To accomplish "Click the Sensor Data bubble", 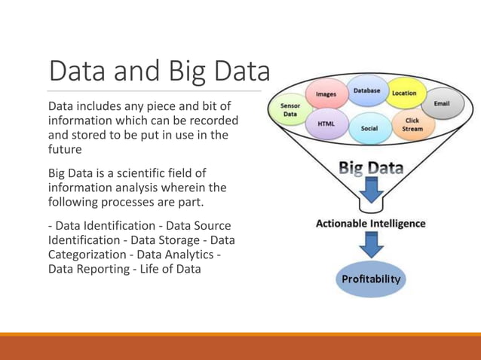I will click(x=290, y=110).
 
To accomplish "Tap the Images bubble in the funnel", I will click(x=326, y=95).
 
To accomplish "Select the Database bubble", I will click(x=367, y=91).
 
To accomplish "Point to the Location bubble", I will click(x=404, y=93).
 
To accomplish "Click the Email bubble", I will click(x=442, y=104).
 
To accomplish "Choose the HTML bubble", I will click(x=326, y=123).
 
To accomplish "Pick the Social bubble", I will click(x=369, y=128).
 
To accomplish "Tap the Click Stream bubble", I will click(x=412, y=124).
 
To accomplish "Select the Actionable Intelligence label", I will click(x=370, y=224).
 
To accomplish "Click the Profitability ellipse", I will click(x=372, y=279).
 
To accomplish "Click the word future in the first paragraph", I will click(x=66, y=149).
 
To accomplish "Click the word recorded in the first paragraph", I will click(x=216, y=121).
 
